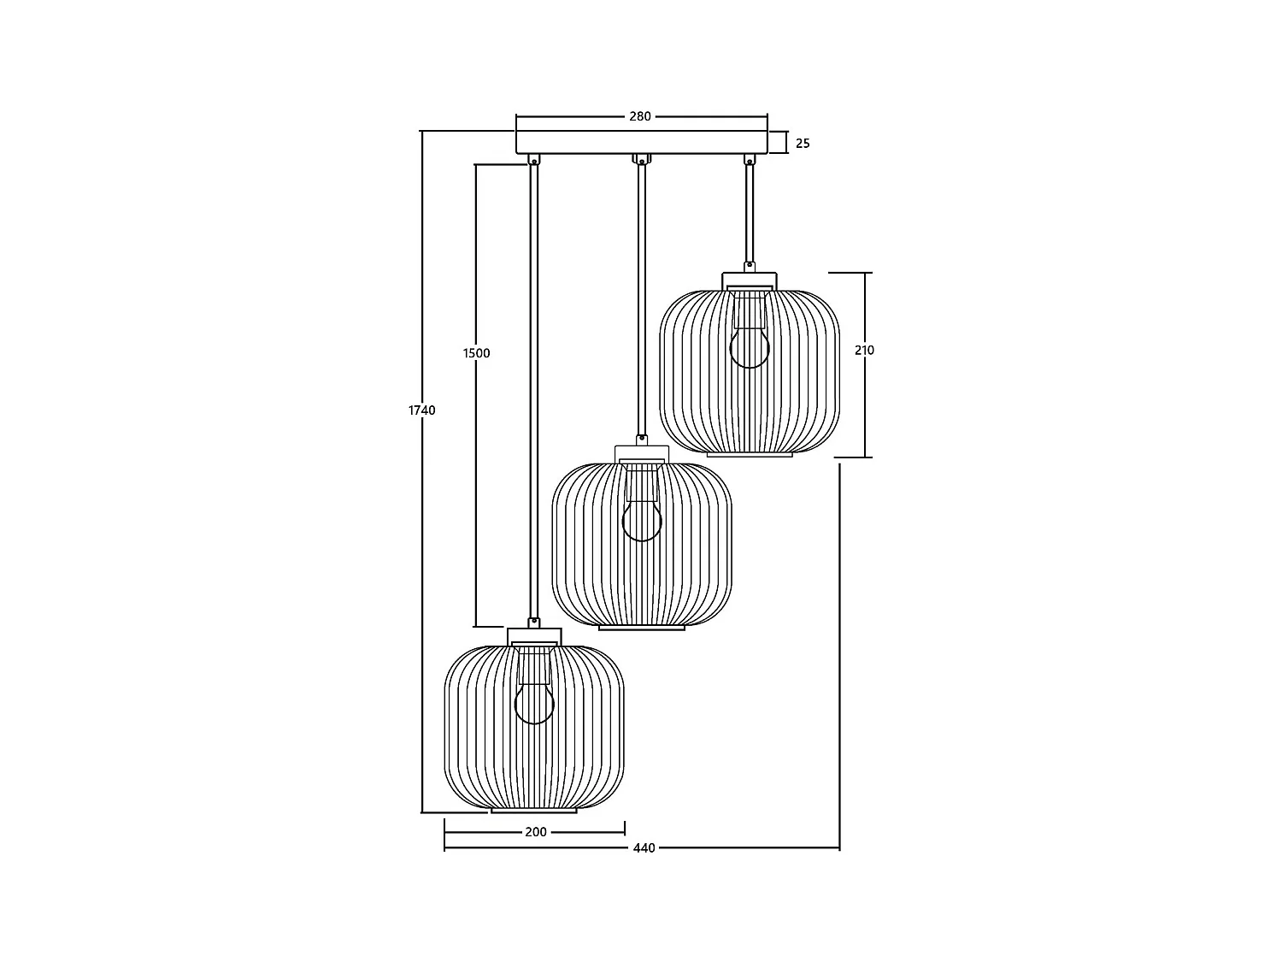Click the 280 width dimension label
point(640,116)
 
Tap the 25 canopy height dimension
point(803,144)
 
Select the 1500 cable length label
point(476,353)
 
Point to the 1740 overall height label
point(421,410)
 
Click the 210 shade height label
point(864,351)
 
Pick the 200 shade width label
point(535,832)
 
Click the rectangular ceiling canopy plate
point(641,142)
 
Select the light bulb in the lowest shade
point(534,704)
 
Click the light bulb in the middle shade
point(642,521)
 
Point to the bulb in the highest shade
point(750,348)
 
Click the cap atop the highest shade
point(750,280)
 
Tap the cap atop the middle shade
point(642,454)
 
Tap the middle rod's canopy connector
point(641,159)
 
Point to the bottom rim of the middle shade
point(642,629)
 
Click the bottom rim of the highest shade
point(750,455)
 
